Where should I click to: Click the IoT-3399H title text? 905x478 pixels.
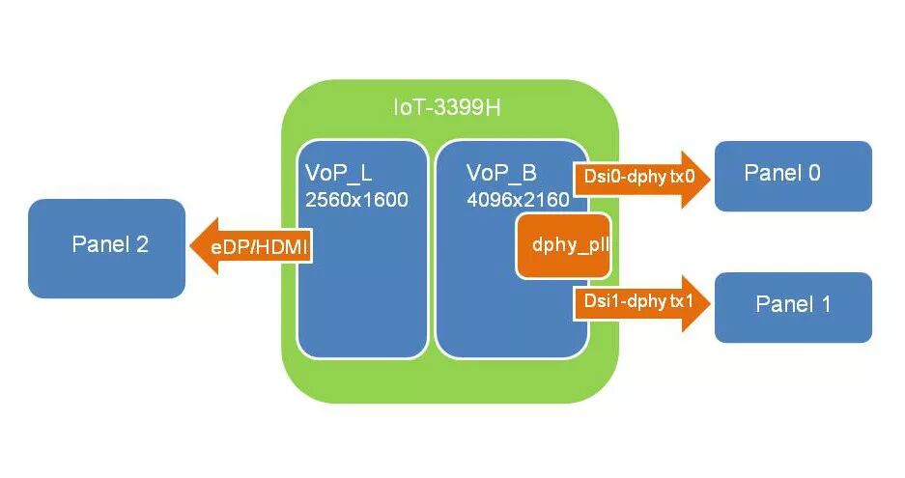tap(446, 107)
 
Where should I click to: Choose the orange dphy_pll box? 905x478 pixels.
tap(566, 245)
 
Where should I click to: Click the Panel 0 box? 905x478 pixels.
tap(793, 176)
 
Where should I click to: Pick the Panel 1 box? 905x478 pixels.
tap(793, 307)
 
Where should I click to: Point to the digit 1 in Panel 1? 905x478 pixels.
tap(825, 304)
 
